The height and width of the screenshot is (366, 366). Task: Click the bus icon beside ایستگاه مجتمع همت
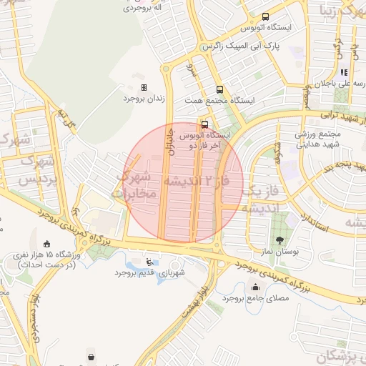click(219, 90)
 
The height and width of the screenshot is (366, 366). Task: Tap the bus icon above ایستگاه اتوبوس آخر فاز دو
click(206, 122)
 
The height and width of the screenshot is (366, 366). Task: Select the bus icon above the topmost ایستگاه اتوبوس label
click(266, 16)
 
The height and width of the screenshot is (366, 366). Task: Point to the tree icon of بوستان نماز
click(280, 240)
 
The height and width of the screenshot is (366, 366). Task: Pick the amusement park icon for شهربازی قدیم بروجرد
click(149, 262)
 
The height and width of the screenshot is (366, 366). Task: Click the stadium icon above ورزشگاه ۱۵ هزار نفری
click(48, 244)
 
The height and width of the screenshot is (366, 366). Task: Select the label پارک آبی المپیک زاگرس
click(242, 46)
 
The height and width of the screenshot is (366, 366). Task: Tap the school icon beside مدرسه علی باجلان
click(343, 72)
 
